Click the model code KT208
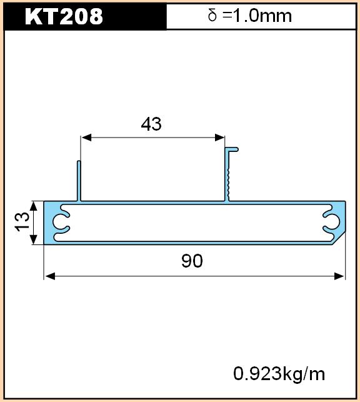[64, 16]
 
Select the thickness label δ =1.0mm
[250, 16]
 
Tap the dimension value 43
[151, 124]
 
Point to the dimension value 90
[192, 261]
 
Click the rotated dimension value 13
[22, 222]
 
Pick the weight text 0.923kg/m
[279, 374]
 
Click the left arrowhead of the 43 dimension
[86, 138]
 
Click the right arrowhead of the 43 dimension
[219, 138]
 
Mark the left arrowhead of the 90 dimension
[50, 276]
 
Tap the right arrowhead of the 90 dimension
[339, 276]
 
